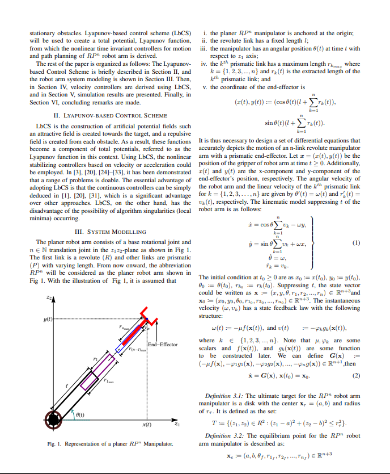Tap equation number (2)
click(x=356, y=376)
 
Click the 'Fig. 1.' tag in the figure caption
click(x=53, y=443)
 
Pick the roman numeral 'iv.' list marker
click(x=206, y=65)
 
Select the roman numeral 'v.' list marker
click(x=206, y=87)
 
